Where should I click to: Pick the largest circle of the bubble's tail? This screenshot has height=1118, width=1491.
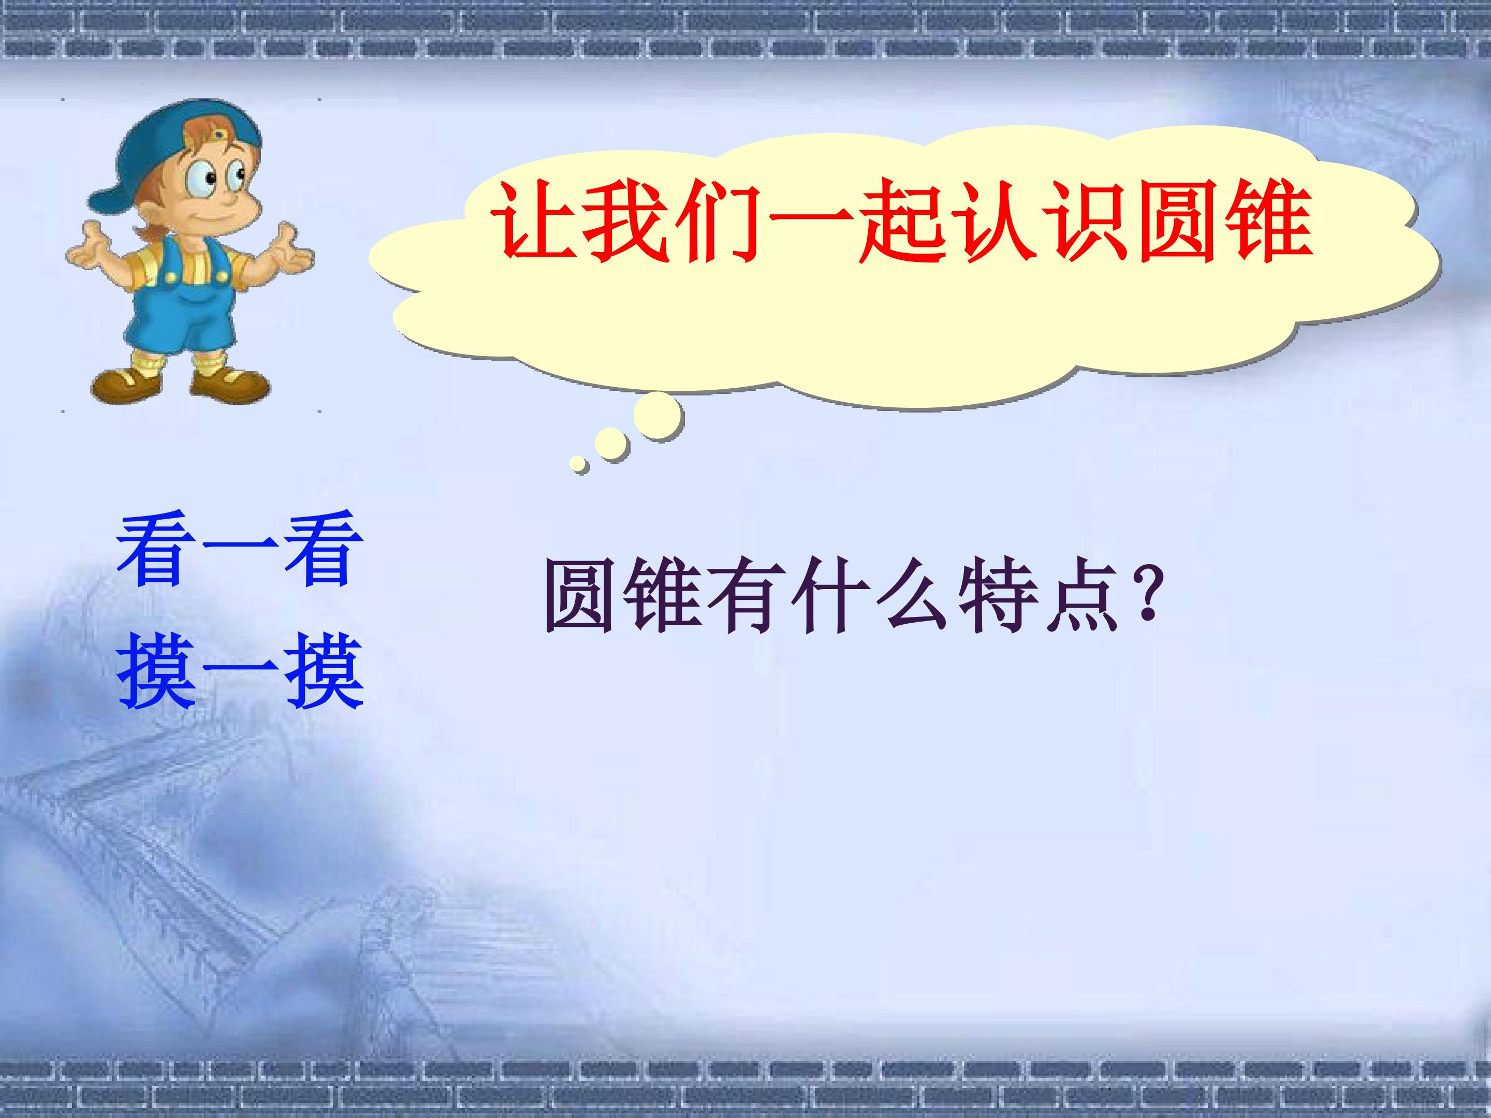657,416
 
